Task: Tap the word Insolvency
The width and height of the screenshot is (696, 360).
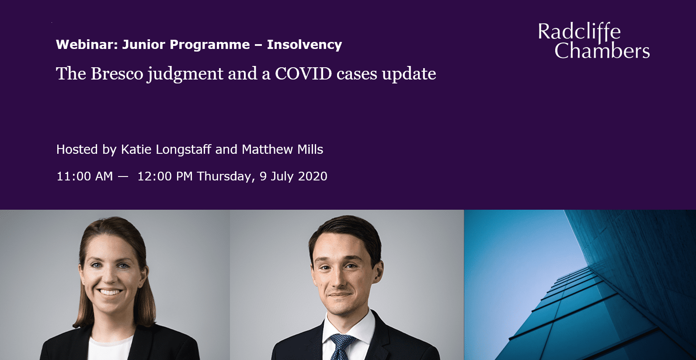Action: (x=304, y=45)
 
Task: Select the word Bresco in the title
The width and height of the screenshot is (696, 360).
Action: (x=117, y=74)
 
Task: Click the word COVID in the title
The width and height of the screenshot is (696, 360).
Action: (x=303, y=74)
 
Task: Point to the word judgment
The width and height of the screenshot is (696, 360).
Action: (x=185, y=74)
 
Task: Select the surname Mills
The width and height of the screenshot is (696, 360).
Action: (x=310, y=149)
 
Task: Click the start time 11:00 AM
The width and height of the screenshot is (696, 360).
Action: (x=84, y=176)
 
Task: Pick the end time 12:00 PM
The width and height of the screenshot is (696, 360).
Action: (x=165, y=176)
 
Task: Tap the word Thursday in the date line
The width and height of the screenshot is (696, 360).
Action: (x=225, y=176)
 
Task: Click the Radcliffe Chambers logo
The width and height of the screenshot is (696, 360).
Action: (x=593, y=41)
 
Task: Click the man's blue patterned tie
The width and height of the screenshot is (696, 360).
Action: (x=341, y=346)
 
